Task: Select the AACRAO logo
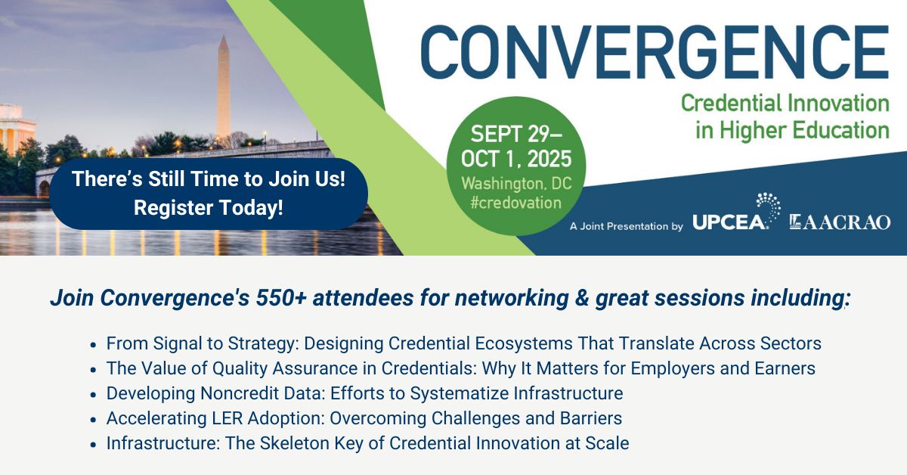pos(840,222)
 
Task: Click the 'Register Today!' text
pos(209,207)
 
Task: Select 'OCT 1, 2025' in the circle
pos(517,160)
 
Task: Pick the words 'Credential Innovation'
pos(785,102)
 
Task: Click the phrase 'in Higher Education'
pos(792,129)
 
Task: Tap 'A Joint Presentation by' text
pos(627,225)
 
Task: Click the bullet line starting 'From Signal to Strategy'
pos(463,343)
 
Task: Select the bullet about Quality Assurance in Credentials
pos(460,368)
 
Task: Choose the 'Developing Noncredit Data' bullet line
pos(364,393)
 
